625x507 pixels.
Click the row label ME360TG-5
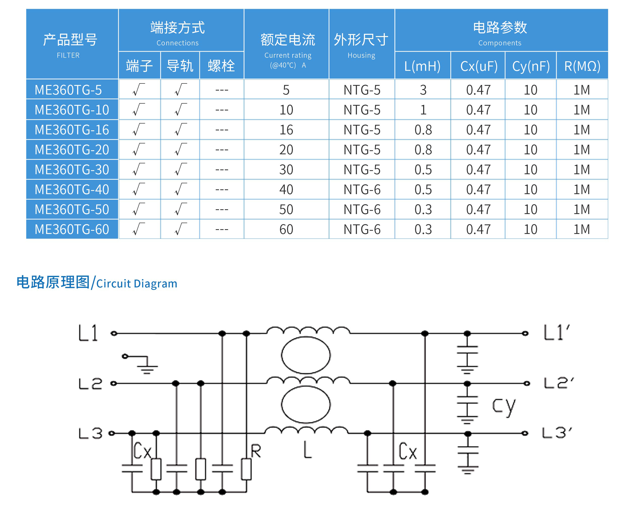point(68,90)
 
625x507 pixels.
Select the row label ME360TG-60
point(72,229)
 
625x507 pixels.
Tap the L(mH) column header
point(422,66)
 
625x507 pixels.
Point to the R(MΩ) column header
point(582,66)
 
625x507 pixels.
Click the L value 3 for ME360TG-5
point(423,90)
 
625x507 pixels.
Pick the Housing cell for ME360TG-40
point(362,190)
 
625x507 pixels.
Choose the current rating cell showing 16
point(286,130)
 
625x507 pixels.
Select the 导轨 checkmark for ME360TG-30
point(180,169)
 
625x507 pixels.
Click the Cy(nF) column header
point(530,66)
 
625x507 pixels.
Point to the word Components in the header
point(499,43)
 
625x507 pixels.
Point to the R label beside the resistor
point(256,451)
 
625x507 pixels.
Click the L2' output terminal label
point(558,383)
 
